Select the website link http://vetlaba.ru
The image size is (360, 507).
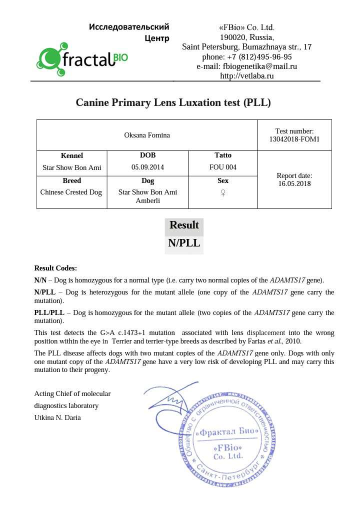pyautogui.click(x=247, y=76)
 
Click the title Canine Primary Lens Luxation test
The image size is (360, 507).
pyautogui.click(x=173, y=102)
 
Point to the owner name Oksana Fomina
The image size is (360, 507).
pyautogui.click(x=147, y=135)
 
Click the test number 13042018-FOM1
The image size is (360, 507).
pyautogui.click(x=294, y=139)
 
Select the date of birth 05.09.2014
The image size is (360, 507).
pyautogui.click(x=147, y=167)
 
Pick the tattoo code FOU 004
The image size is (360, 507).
pyautogui.click(x=222, y=167)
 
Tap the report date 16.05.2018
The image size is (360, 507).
pyautogui.click(x=294, y=183)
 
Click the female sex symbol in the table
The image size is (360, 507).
pyautogui.click(x=222, y=192)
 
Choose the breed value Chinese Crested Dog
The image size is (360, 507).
pyautogui.click(x=71, y=192)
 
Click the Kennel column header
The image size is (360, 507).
pyautogui.click(x=71, y=155)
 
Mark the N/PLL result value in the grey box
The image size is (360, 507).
pyautogui.click(x=184, y=243)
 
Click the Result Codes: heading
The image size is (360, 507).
pyautogui.click(x=55, y=268)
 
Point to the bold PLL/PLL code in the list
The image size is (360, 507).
pyautogui.click(x=49, y=313)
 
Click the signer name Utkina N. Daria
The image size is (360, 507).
pyautogui.click(x=57, y=417)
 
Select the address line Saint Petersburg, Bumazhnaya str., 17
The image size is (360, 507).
pyautogui.click(x=247, y=47)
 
